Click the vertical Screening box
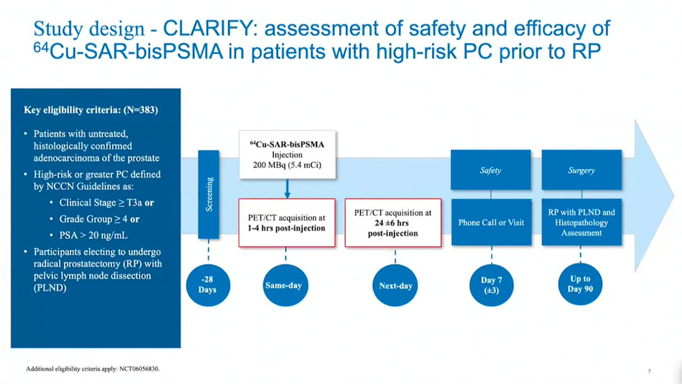click(209, 195)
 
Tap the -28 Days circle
click(208, 285)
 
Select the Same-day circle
click(285, 285)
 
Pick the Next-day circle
click(395, 285)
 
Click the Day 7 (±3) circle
click(492, 285)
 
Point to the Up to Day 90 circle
click(580, 284)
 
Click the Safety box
click(491, 170)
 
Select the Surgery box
click(581, 170)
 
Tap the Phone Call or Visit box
click(491, 222)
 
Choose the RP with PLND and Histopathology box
click(581, 222)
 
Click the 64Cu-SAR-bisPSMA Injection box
click(288, 155)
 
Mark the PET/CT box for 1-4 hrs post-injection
click(287, 223)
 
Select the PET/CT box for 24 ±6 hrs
click(393, 223)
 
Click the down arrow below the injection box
click(287, 189)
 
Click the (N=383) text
click(141, 110)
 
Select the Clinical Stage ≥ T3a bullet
click(102, 203)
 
